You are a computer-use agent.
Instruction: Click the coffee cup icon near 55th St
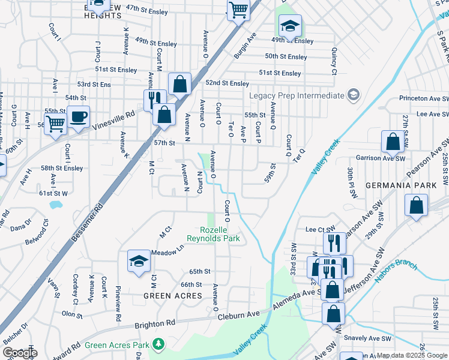pos(78,116)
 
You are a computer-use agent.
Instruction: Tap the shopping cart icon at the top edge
pos(238,10)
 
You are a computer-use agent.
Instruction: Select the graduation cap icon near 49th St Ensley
pos(290,26)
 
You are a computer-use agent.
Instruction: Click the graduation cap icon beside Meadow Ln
pos(139,261)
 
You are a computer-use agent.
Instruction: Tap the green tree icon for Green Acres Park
pos(158,344)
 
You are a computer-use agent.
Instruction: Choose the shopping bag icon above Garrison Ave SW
pos(393,142)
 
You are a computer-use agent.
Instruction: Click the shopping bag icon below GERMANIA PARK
pos(417,205)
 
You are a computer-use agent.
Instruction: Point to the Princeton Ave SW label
pos(424,98)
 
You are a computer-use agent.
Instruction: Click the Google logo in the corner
pos(20,352)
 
